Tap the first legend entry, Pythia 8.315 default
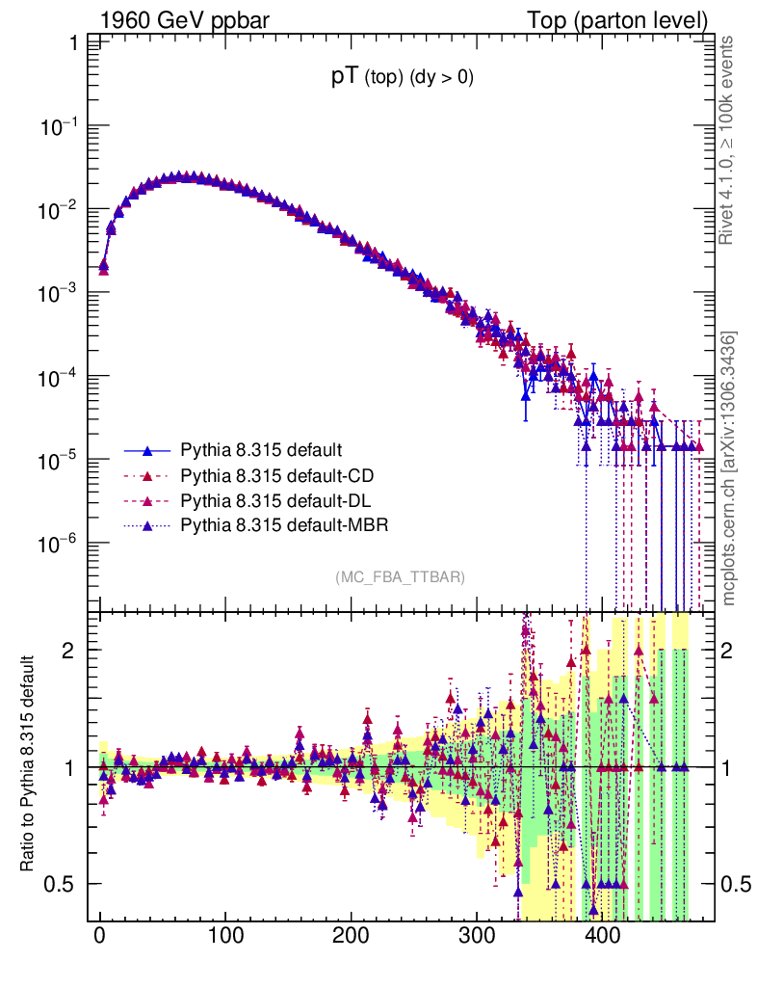[234, 450]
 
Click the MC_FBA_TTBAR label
[401, 577]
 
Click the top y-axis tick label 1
[73, 43]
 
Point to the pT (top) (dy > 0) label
[403, 79]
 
